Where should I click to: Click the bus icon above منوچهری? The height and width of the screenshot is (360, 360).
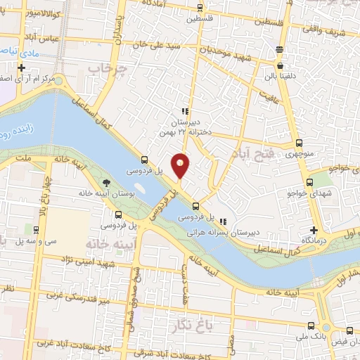(299, 143)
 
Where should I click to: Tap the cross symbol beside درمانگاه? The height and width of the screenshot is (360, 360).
(314, 231)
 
